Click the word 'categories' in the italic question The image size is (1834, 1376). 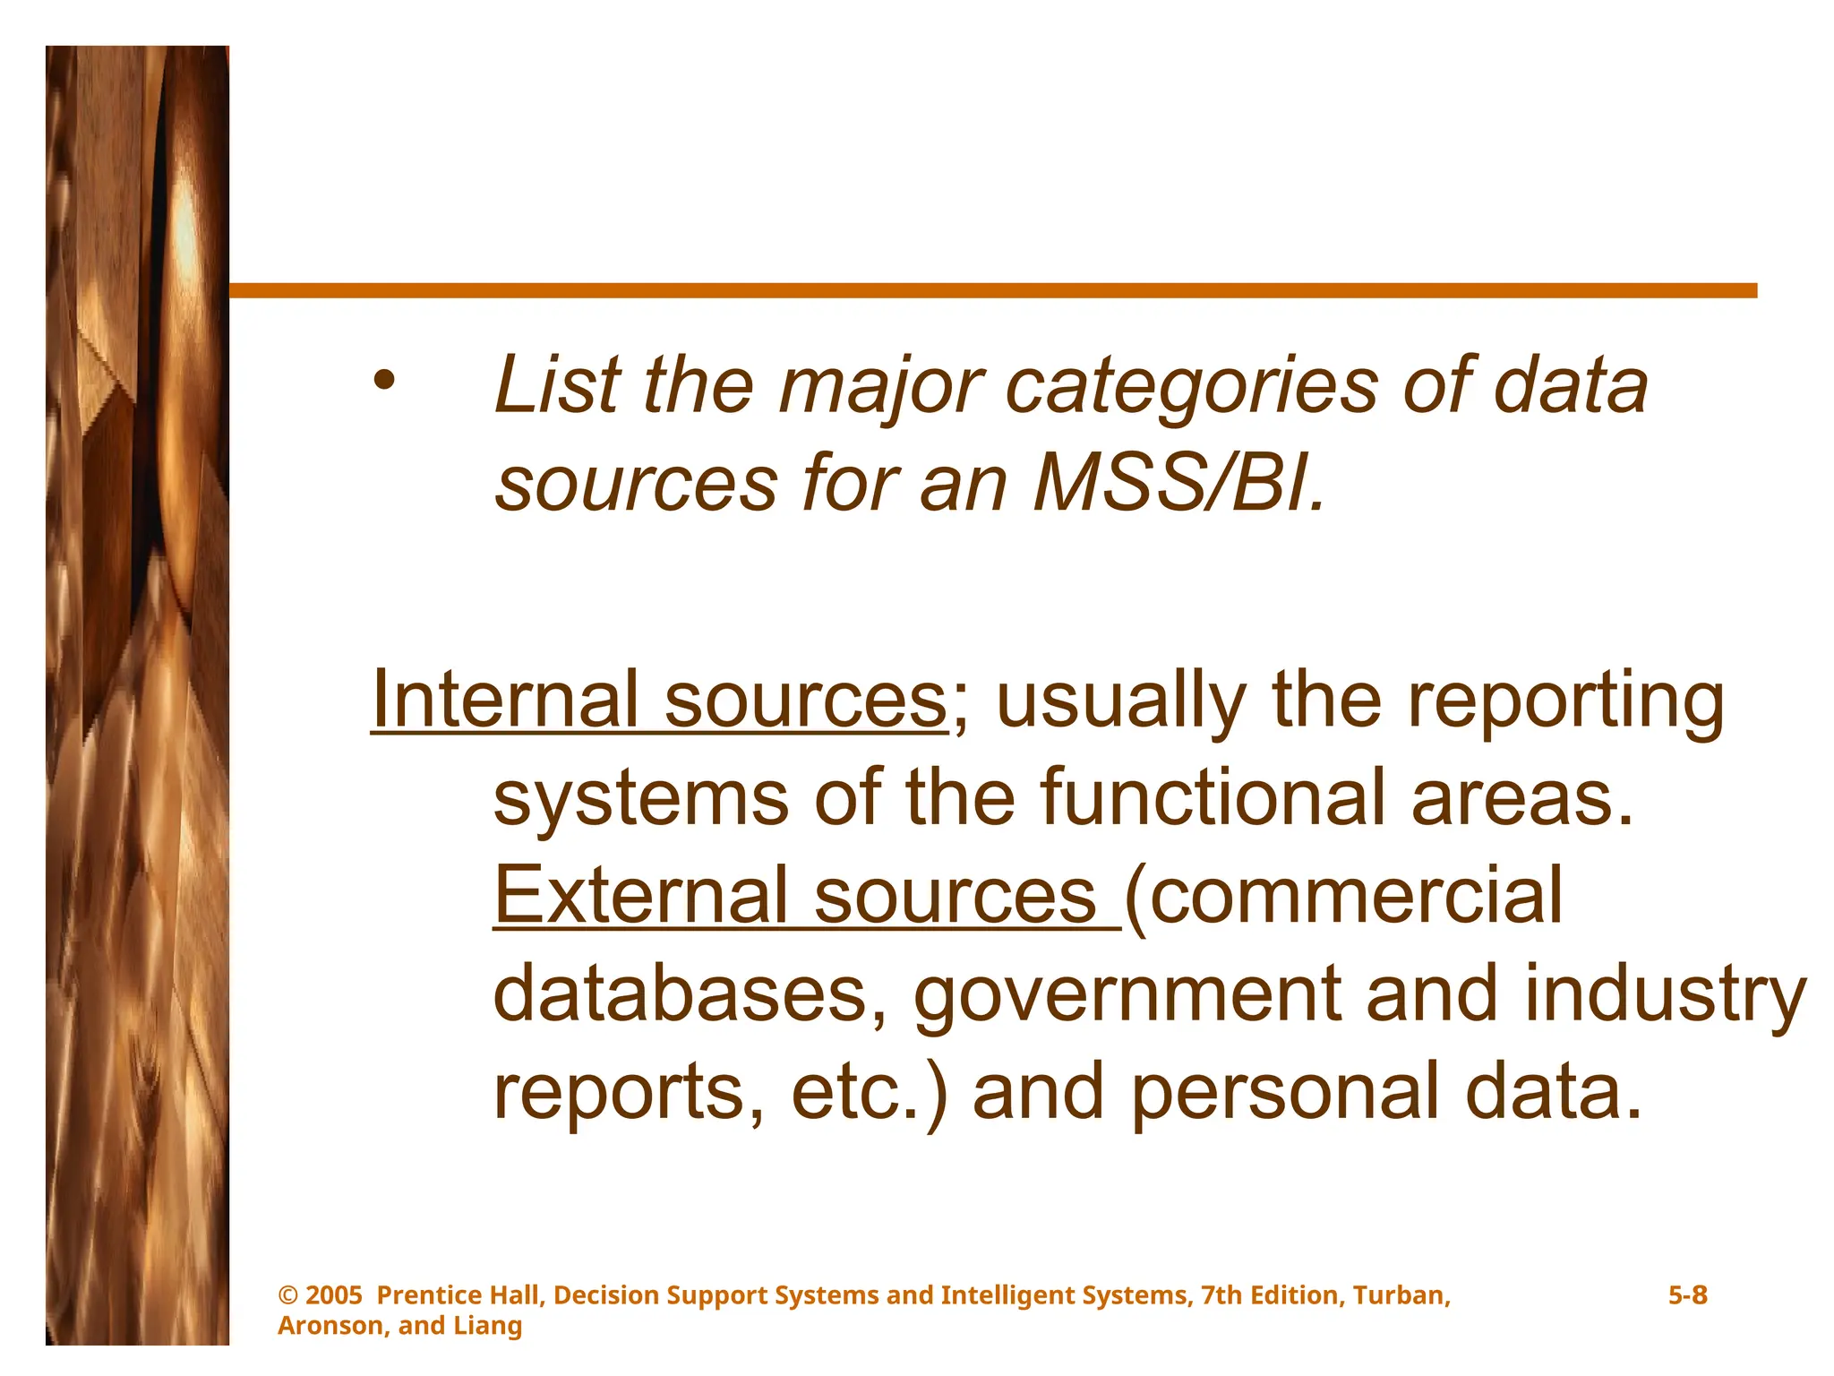[1191, 387]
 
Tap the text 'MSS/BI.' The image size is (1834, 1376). [1178, 485]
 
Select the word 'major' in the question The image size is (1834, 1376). [881, 387]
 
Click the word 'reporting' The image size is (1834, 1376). [1564, 701]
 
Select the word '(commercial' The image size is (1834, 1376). [1343, 896]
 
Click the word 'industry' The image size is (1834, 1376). [1665, 994]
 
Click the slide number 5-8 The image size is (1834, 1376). [1687, 1295]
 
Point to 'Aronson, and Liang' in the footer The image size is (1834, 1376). [399, 1326]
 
